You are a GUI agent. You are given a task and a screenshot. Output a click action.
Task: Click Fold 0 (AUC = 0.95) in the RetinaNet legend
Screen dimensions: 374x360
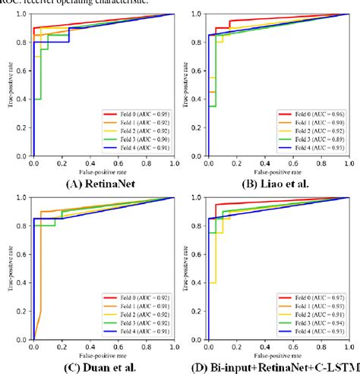(x=137, y=113)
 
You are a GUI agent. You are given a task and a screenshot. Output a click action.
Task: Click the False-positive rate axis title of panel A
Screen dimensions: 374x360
(x=103, y=171)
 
